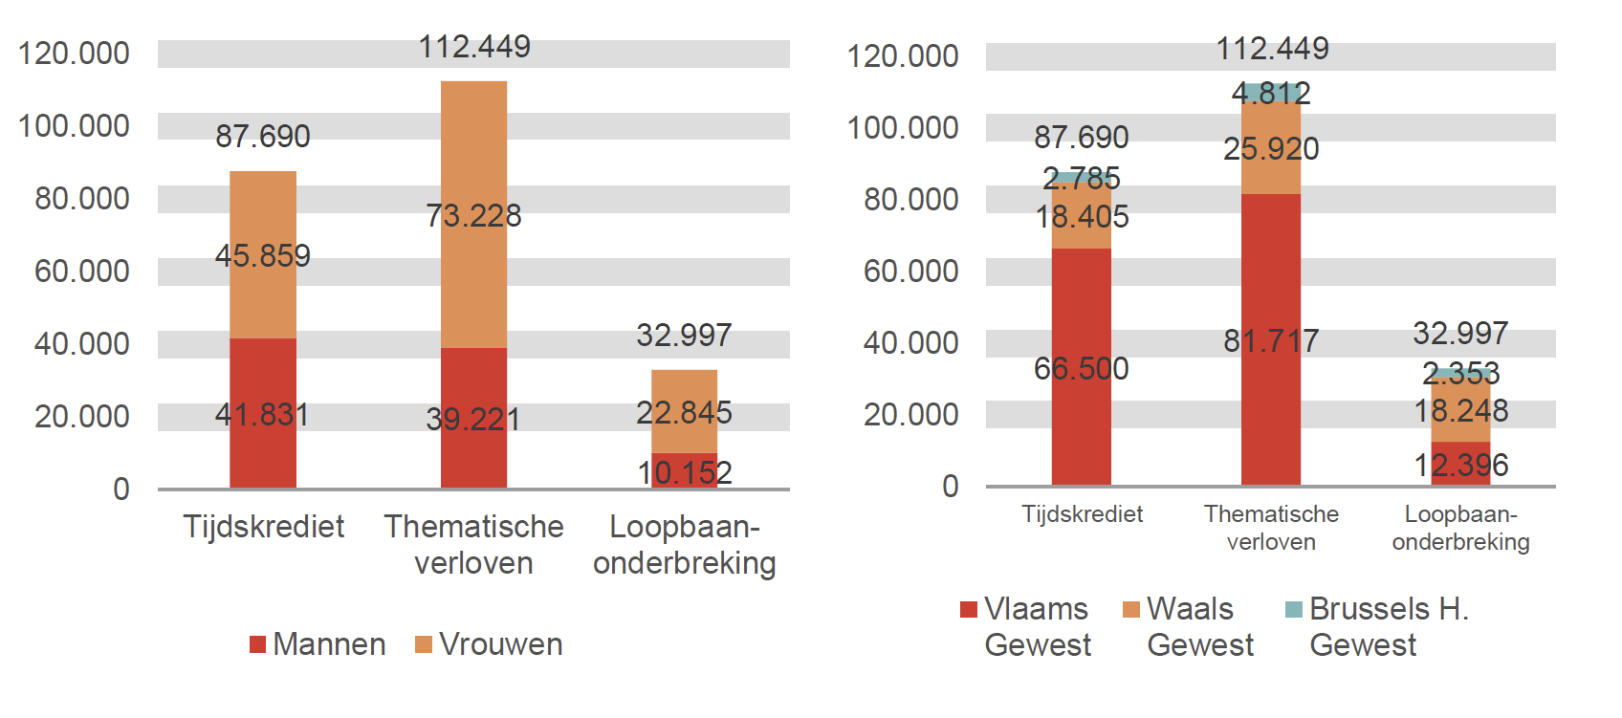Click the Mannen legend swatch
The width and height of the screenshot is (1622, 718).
point(257,644)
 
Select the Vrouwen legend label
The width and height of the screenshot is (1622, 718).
point(500,644)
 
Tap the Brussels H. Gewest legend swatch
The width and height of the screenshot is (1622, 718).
point(1294,609)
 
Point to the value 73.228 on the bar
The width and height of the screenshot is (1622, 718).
point(473,216)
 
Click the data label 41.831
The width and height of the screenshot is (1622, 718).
point(262,415)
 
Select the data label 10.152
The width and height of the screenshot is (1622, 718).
point(684,472)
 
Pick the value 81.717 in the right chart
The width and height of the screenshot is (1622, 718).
point(1271,341)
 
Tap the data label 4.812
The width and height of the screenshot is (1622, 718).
point(1271,94)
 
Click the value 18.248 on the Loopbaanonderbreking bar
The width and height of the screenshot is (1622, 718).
point(1460,411)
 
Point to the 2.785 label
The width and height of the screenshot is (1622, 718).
point(1082,179)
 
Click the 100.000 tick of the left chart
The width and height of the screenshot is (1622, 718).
point(75,126)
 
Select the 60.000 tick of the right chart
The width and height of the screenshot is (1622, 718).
point(910,272)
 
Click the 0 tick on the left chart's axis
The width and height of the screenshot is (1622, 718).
point(121,490)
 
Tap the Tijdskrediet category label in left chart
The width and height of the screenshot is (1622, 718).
point(263,527)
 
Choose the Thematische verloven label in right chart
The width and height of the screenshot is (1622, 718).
point(1271,528)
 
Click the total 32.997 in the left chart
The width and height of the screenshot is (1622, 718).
point(684,336)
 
